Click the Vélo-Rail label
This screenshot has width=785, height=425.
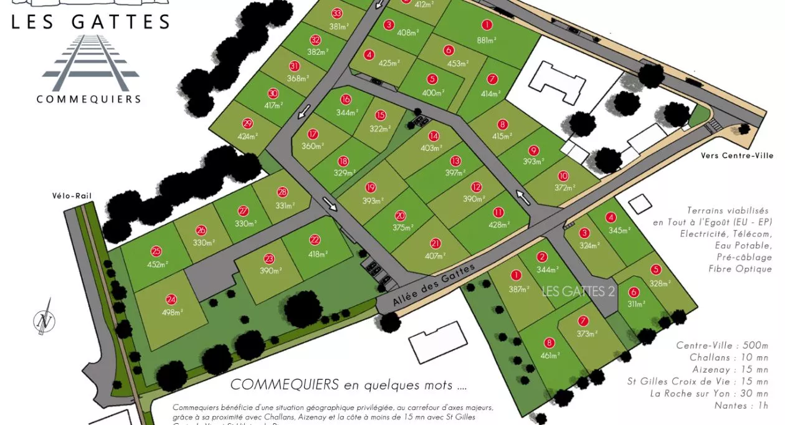click(72, 196)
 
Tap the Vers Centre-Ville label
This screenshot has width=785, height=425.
click(737, 156)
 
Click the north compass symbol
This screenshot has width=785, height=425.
click(44, 320)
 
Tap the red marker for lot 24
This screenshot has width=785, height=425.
click(171, 300)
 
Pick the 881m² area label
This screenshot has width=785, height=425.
click(487, 41)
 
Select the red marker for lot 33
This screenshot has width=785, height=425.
click(337, 13)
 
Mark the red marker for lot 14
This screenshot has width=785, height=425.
click(434, 136)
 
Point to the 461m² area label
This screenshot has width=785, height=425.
click(549, 356)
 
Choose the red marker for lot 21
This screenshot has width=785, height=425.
click(435, 244)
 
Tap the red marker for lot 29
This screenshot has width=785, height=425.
click(247, 123)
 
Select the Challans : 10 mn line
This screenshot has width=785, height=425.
click(729, 358)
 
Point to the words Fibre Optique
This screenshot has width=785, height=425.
click(740, 269)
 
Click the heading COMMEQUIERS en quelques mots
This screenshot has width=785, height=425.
click(348, 384)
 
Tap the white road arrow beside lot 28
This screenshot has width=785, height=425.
click(330, 205)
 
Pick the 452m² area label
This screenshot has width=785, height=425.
click(156, 265)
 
